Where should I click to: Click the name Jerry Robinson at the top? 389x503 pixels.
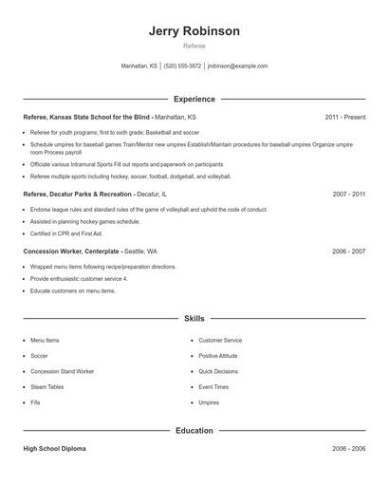click(194, 31)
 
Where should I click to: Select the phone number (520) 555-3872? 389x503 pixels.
click(182, 66)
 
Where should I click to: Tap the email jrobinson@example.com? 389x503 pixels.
click(237, 66)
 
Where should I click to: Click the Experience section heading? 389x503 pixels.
click(194, 99)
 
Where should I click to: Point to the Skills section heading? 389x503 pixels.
click(194, 319)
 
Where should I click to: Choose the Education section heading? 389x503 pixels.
click(194, 430)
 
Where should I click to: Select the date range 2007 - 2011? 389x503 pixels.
click(349, 193)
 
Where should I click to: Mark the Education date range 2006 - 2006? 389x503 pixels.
click(349, 448)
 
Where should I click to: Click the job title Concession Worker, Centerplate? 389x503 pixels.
click(72, 251)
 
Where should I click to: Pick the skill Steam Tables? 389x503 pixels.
click(47, 387)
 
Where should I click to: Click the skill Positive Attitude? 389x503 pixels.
click(219, 356)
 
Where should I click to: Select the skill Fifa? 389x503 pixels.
click(36, 402)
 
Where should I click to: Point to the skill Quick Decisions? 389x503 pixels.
click(218, 371)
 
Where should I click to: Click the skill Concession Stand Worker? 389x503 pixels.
click(61, 371)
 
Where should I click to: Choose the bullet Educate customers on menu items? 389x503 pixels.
click(72, 290)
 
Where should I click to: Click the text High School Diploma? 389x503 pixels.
click(54, 448)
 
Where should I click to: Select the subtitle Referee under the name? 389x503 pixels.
click(194, 46)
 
